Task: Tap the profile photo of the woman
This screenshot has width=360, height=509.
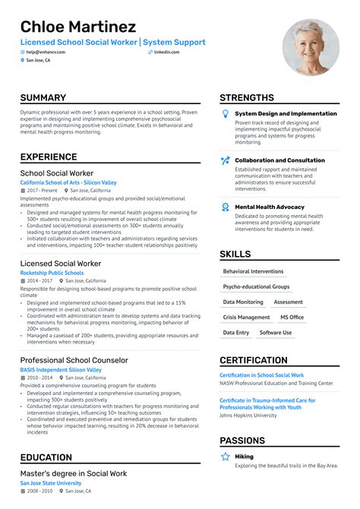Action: point(311,47)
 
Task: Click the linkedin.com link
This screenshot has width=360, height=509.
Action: point(166,52)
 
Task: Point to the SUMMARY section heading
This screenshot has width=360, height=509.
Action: point(43,98)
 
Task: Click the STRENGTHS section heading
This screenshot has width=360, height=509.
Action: point(247,98)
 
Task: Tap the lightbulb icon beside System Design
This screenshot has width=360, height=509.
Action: point(225,114)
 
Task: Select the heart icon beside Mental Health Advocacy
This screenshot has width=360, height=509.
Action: point(225,207)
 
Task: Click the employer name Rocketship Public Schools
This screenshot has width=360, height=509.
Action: point(52,273)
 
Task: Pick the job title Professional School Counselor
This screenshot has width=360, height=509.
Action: point(74,360)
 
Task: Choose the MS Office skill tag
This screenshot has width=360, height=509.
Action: point(292,318)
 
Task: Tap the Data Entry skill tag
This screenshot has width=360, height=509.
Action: point(235,333)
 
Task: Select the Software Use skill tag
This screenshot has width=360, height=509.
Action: point(275,333)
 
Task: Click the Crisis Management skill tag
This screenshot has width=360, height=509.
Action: point(246,318)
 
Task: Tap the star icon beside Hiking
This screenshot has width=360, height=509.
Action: point(225,457)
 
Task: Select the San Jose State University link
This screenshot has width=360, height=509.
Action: point(52,483)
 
